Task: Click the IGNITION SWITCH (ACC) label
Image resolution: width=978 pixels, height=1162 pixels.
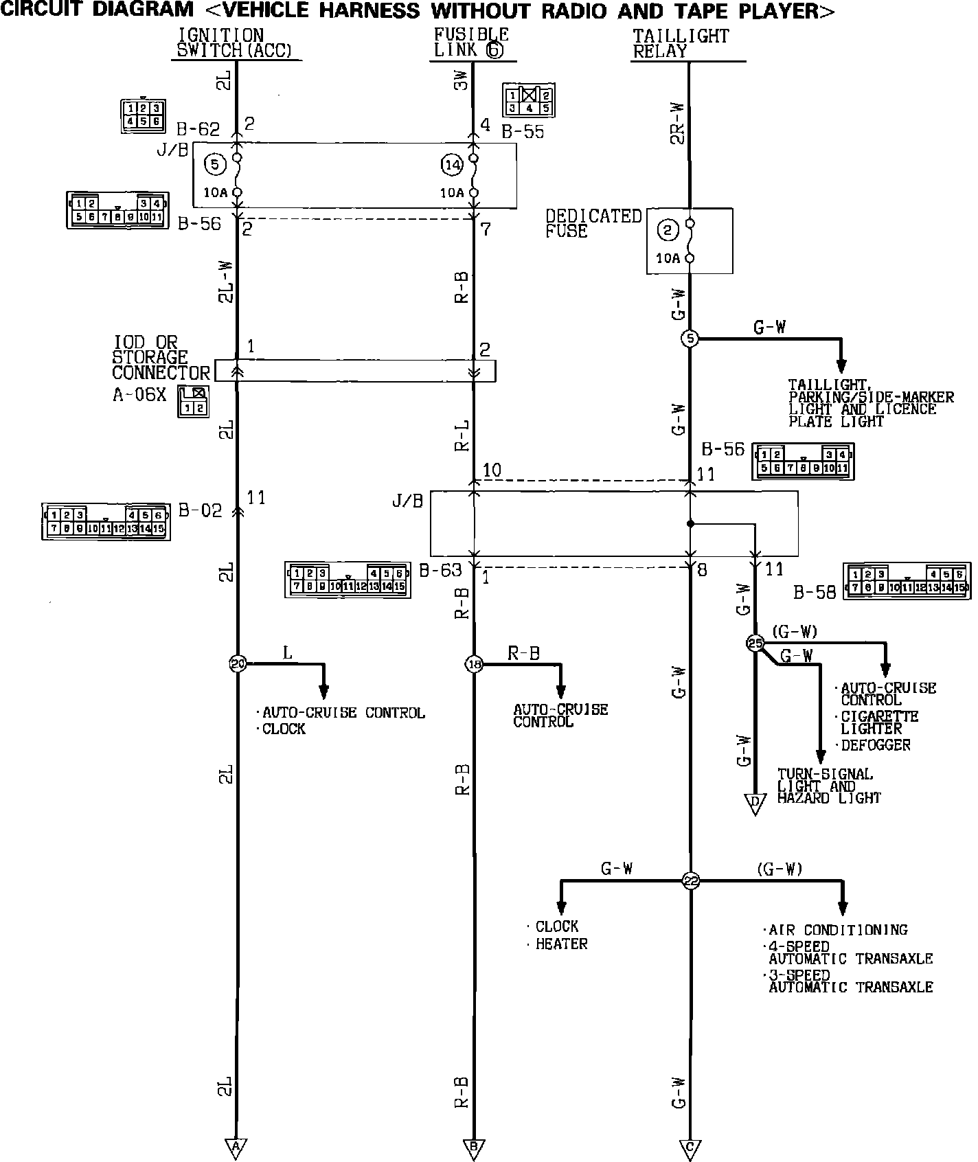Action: pyautogui.click(x=234, y=43)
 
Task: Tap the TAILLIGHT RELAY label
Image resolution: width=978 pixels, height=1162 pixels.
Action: pyautogui.click(x=680, y=43)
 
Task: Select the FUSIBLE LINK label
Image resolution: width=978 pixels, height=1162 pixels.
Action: pyautogui.click(x=471, y=43)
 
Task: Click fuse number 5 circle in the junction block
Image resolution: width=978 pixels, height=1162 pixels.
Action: pyautogui.click(x=215, y=165)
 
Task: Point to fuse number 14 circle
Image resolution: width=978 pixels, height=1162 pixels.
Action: pyautogui.click(x=451, y=165)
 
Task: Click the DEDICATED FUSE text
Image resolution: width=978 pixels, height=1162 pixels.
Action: pyautogui.click(x=592, y=224)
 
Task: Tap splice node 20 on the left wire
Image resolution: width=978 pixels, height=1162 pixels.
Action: pyautogui.click(x=237, y=663)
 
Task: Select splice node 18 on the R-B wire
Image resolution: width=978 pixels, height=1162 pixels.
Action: pyautogui.click(x=474, y=663)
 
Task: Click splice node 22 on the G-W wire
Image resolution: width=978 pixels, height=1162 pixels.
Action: pyautogui.click(x=690, y=881)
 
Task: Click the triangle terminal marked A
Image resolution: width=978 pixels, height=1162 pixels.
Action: pyautogui.click(x=236, y=1146)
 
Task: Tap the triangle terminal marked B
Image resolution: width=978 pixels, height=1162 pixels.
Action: pyautogui.click(x=474, y=1146)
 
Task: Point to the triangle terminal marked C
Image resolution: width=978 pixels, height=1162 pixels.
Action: pyautogui.click(x=690, y=1146)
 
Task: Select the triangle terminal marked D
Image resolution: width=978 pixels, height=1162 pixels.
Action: pyautogui.click(x=755, y=804)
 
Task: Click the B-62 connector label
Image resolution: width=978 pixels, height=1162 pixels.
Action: pyautogui.click(x=198, y=130)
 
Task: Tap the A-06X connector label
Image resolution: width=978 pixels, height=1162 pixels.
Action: pyautogui.click(x=139, y=396)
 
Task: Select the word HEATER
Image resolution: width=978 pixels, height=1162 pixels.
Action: pyautogui.click(x=561, y=944)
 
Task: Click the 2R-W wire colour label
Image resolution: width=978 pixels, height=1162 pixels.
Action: pyautogui.click(x=677, y=124)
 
